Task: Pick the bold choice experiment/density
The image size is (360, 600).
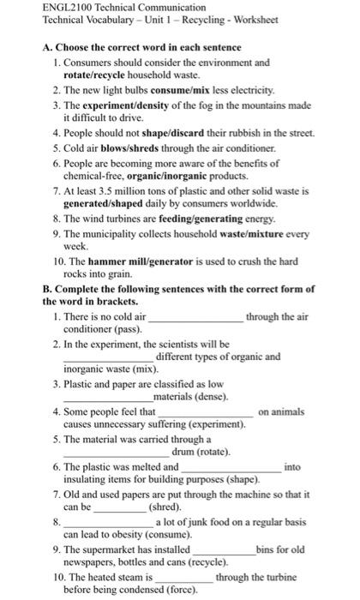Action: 129,103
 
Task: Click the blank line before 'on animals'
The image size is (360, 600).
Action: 206,414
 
